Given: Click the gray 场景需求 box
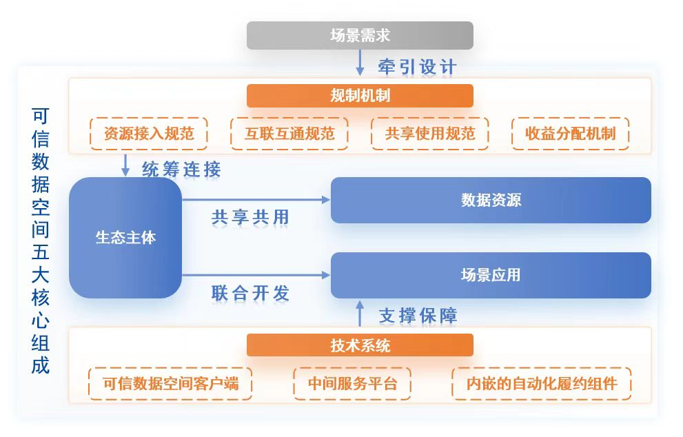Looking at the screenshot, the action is click(x=360, y=35).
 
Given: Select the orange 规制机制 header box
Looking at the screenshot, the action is click(x=360, y=95).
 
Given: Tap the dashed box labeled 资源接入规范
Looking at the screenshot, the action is click(x=149, y=133).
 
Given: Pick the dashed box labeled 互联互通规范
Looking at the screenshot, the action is click(x=289, y=133).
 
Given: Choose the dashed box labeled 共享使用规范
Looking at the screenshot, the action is click(x=430, y=133).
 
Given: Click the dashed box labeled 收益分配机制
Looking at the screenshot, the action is click(x=571, y=133).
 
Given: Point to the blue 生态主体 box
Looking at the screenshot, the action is click(x=125, y=237).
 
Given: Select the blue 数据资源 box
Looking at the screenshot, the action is click(x=491, y=200).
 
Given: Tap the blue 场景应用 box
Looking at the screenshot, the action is click(x=491, y=275).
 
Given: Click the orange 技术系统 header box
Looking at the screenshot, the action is click(x=360, y=345).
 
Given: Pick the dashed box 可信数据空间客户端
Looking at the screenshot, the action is click(x=170, y=383).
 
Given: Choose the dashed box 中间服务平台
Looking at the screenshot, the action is click(x=352, y=383).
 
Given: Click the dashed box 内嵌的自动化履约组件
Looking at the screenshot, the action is click(x=542, y=383).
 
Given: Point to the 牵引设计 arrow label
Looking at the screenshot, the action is click(x=417, y=67).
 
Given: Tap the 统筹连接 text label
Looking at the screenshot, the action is click(x=181, y=169).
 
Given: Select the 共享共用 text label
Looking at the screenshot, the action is click(x=250, y=217).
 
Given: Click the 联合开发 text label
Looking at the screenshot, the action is click(x=250, y=293).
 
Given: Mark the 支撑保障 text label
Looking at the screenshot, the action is click(x=418, y=316).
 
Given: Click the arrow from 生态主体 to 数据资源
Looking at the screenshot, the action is click(x=256, y=200).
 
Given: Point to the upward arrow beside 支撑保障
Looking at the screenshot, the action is click(x=360, y=313).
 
